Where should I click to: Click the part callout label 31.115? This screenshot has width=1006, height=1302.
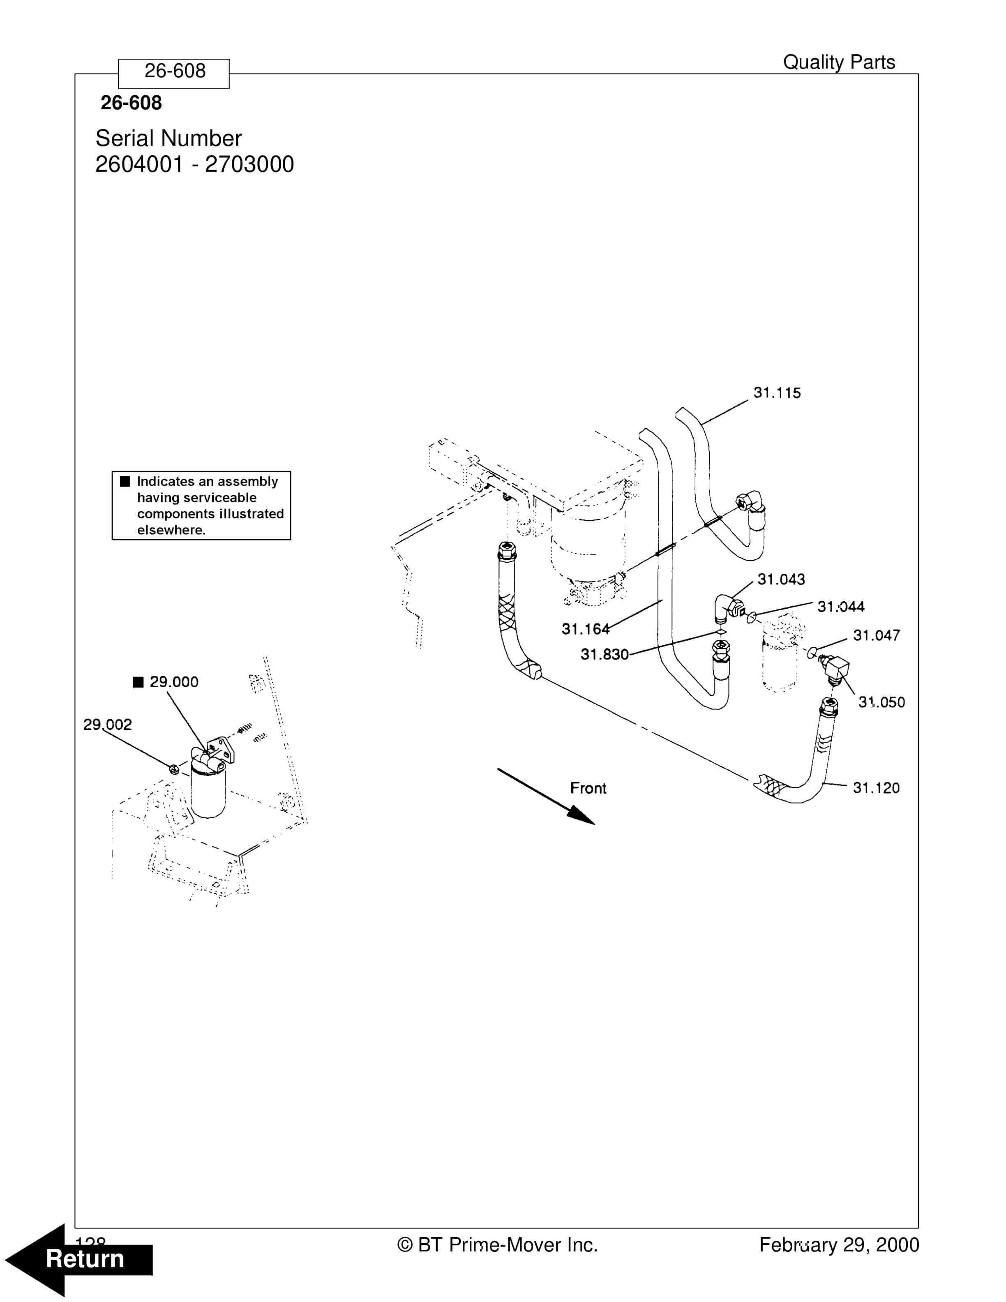(x=777, y=393)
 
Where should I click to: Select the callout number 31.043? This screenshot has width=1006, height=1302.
(x=781, y=579)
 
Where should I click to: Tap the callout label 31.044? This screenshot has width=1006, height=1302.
(x=840, y=607)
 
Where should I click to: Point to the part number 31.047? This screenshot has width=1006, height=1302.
(x=876, y=635)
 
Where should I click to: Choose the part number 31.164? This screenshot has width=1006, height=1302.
(x=585, y=629)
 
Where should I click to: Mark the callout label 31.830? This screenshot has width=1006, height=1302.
(x=605, y=655)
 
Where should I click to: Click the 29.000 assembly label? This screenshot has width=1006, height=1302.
(x=173, y=682)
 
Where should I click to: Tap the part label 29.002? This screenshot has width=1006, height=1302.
(x=107, y=724)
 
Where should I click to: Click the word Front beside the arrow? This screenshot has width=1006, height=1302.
(x=588, y=788)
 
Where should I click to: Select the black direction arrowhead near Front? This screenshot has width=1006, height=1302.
(x=581, y=815)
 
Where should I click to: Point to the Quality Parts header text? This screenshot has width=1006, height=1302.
(x=838, y=62)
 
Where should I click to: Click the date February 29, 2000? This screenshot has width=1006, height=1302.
(x=838, y=1245)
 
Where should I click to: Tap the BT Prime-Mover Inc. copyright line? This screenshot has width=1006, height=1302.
(x=497, y=1245)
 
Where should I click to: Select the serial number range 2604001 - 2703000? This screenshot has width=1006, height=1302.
(x=194, y=164)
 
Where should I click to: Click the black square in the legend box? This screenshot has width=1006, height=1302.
(x=125, y=481)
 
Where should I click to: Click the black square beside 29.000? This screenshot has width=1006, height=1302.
(x=138, y=682)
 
